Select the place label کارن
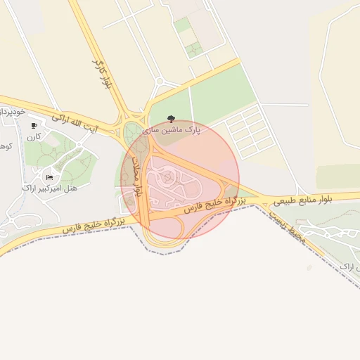(34, 136)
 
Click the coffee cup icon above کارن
(34, 126)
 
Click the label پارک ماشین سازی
(172, 129)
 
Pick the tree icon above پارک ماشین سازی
(172, 118)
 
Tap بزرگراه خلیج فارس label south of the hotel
(94, 226)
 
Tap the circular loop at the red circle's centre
(167, 177)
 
